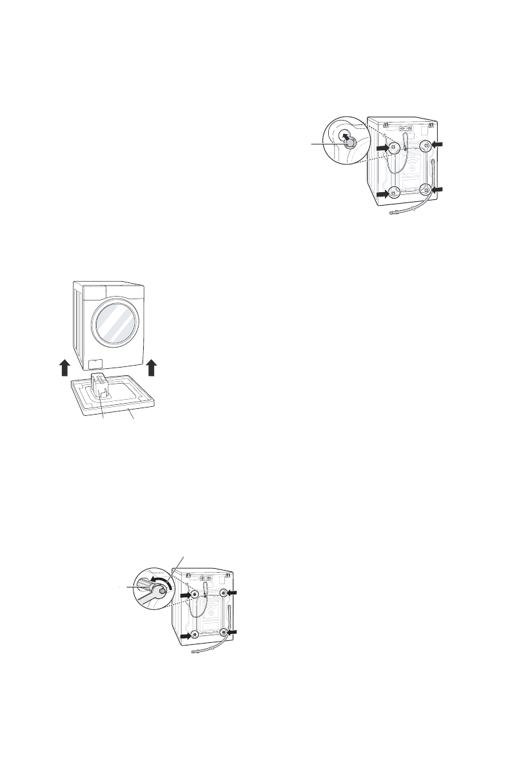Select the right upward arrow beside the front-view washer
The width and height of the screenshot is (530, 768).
tap(152, 369)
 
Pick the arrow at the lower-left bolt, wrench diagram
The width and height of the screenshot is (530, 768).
tap(185, 636)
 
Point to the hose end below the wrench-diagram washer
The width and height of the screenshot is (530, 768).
tap(195, 653)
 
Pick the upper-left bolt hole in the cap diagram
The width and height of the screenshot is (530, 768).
tap(391, 148)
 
